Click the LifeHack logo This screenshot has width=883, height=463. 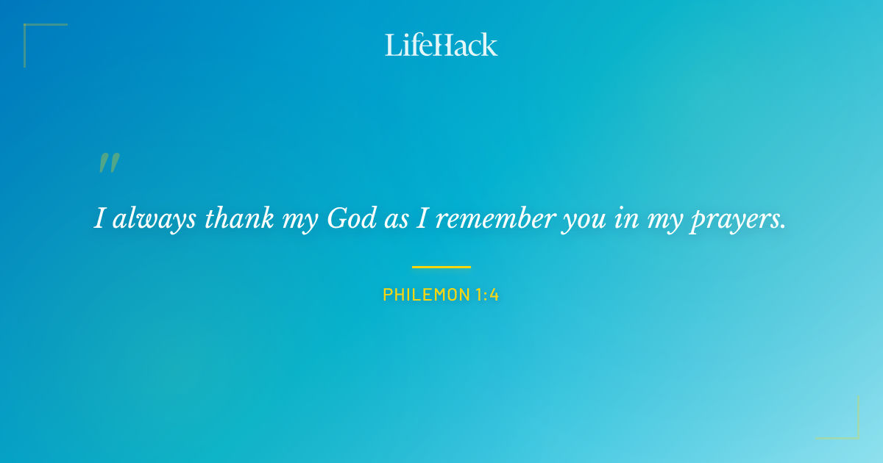441,45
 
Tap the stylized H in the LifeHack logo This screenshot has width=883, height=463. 440,46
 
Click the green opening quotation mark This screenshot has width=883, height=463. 108,163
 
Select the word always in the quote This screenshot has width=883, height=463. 154,218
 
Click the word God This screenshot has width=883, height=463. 352,218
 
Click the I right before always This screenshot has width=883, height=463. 99,218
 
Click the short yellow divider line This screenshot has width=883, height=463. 441,267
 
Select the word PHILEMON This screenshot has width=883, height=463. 426,295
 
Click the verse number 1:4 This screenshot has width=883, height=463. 487,295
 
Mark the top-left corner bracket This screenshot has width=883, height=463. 29,29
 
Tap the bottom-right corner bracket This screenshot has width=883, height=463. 854,434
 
